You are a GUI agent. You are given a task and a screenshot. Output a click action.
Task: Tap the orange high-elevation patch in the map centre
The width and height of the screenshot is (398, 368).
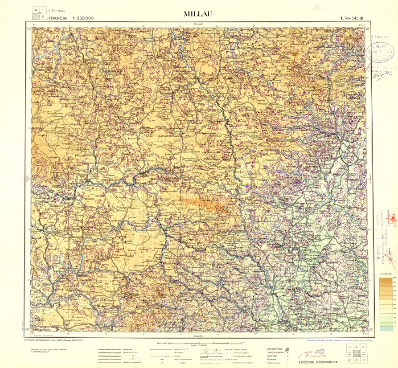(203, 203)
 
